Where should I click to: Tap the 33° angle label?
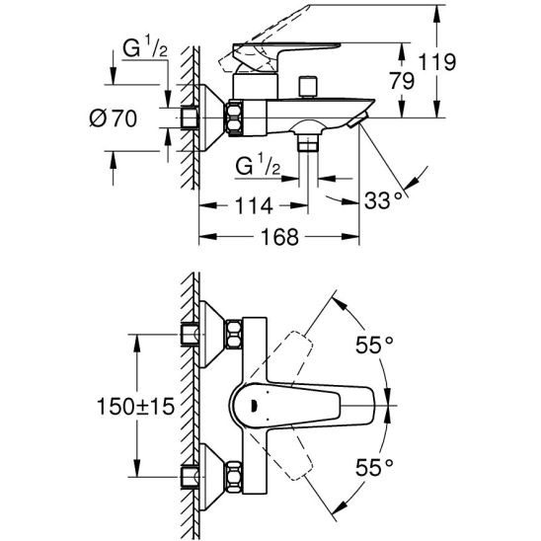click(384, 200)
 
